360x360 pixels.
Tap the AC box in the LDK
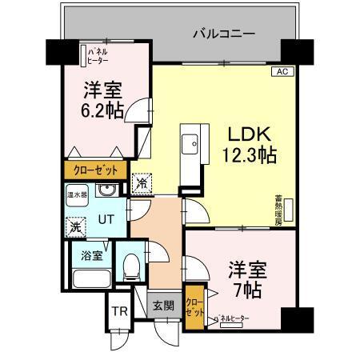coord(281,72)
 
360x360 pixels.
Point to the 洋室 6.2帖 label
coord(104,100)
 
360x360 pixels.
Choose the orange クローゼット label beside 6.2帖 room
coord(94,170)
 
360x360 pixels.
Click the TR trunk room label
coord(118,312)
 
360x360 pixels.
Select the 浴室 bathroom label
coord(91,257)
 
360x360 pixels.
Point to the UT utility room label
coord(104,217)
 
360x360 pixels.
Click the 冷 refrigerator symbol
coord(142,184)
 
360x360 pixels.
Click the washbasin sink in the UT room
coord(106,192)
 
